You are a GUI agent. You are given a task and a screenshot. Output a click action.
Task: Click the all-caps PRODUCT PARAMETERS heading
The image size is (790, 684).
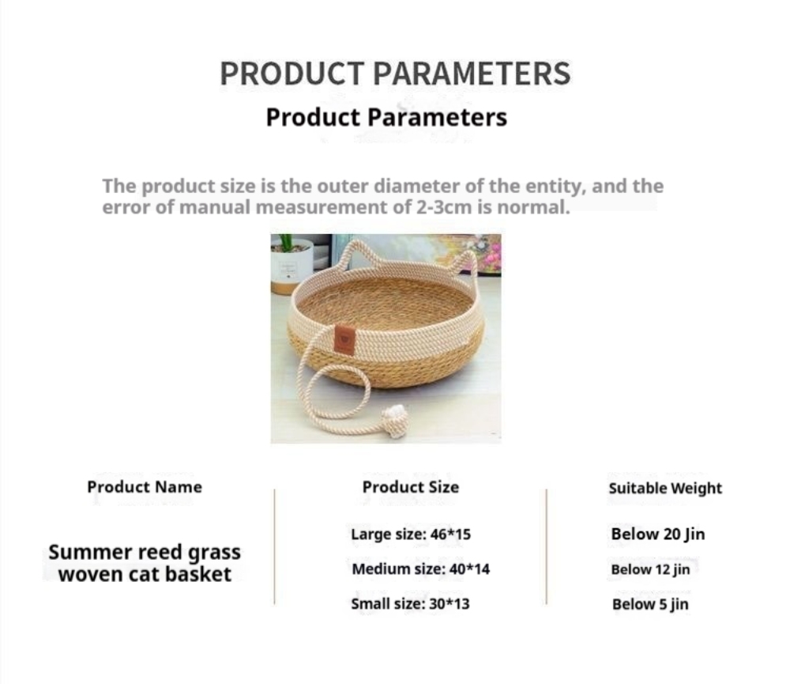coord(395,74)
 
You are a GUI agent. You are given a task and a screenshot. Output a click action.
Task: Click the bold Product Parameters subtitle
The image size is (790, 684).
coord(386,117)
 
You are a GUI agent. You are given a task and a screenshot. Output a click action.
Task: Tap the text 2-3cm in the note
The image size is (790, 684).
coord(444,207)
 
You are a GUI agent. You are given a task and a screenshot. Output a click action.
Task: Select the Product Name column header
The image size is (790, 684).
coord(145,487)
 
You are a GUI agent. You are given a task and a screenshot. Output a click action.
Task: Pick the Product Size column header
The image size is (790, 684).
coord(411,487)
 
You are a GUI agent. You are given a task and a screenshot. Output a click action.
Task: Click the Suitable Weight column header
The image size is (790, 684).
coord(665,488)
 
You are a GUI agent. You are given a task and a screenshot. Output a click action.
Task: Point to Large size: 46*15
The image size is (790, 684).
coord(411,535)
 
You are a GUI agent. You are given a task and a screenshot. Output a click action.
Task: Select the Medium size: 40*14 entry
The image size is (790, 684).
coord(421,569)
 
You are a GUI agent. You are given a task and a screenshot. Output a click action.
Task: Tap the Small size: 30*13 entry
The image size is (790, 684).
coord(410,604)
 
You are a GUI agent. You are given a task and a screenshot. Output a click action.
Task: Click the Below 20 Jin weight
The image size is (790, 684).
coord(658,535)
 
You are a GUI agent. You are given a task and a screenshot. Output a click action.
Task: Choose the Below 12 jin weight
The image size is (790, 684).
coord(650,569)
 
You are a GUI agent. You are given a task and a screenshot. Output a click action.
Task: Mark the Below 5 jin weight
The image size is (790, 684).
coord(650,604)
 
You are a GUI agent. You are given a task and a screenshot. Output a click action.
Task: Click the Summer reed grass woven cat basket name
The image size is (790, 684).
coord(145,563)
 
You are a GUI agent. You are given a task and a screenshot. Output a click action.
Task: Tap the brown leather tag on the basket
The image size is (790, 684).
coord(344,338)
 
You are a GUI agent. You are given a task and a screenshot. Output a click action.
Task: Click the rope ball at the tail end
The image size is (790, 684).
coord(393,418)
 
